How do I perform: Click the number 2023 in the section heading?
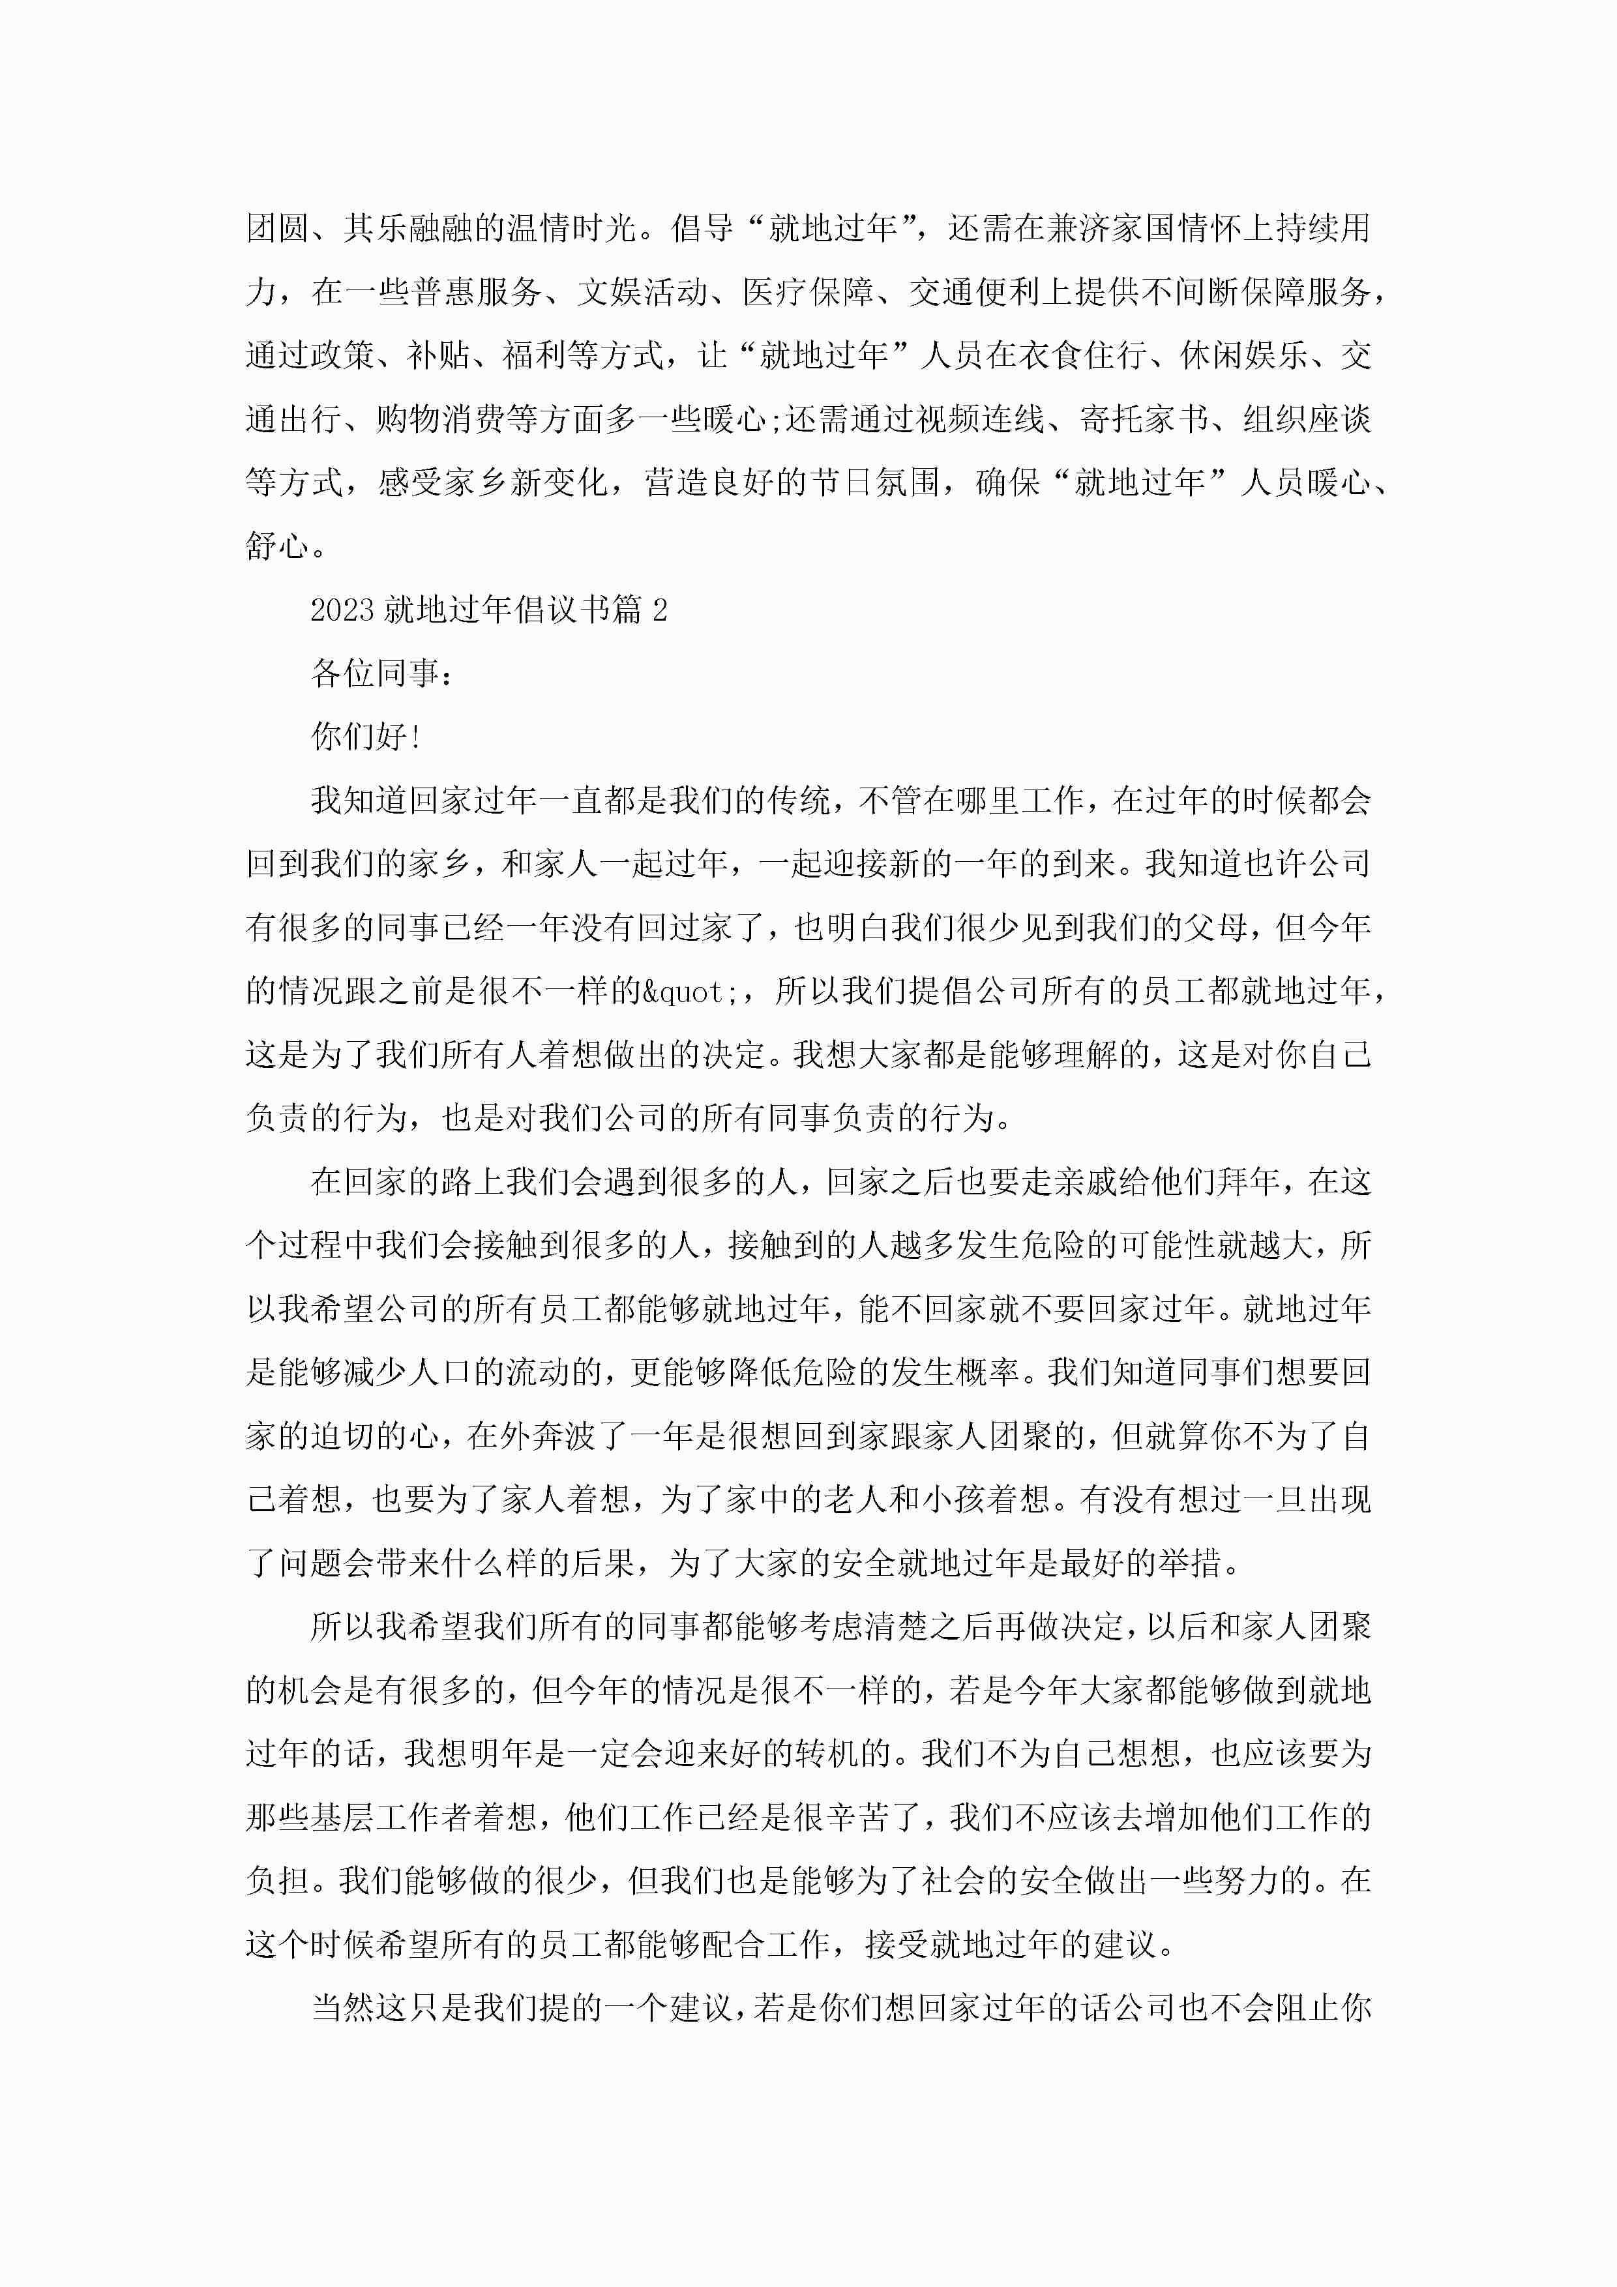(x=342, y=610)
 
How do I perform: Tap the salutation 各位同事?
(x=375, y=673)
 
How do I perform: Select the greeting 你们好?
(x=366, y=737)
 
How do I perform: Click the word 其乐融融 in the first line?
(x=408, y=228)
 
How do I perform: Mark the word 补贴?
(x=439, y=355)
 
